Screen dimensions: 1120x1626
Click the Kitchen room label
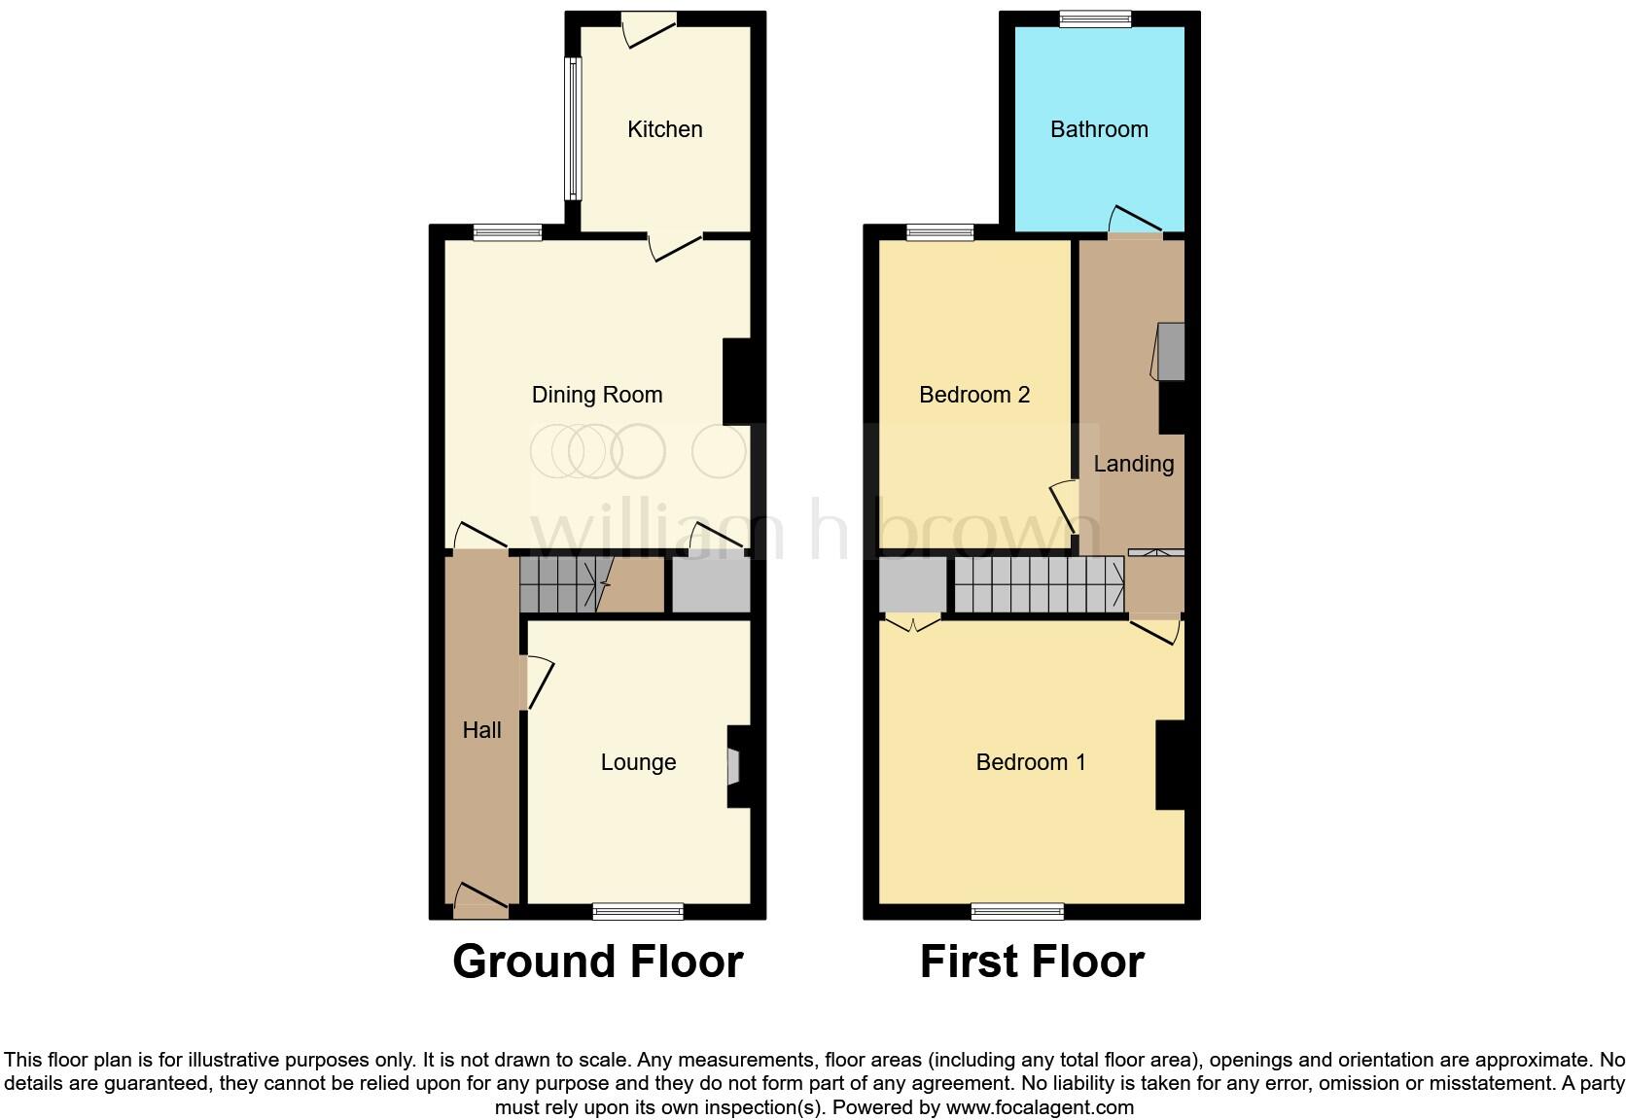(664, 129)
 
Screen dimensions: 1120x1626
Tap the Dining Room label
(596, 395)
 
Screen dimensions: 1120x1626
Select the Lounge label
(638, 762)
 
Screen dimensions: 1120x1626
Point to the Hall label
(481, 730)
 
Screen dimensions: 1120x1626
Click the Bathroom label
(1099, 129)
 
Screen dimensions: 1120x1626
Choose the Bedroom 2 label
(973, 395)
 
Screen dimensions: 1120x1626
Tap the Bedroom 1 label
(1030, 762)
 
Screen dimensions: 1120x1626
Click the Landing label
(1133, 464)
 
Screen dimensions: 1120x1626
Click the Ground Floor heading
(597, 962)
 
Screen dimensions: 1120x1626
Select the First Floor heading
(1031, 962)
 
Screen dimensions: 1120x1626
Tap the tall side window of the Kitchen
(574, 129)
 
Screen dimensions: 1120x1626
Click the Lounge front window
(638, 911)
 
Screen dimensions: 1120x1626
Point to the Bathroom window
(1095, 18)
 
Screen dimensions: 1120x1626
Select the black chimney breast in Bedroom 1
(1170, 764)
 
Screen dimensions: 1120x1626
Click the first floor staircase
(1038, 584)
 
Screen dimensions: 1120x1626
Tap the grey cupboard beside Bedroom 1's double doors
(912, 584)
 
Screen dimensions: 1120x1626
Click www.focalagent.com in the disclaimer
(1040, 1106)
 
